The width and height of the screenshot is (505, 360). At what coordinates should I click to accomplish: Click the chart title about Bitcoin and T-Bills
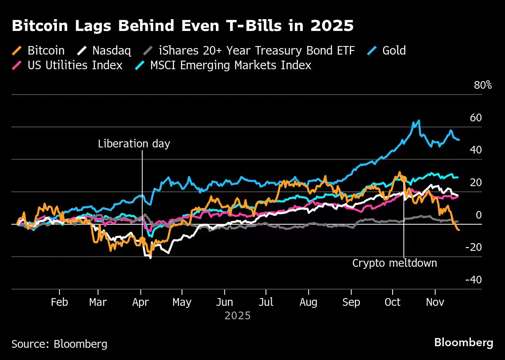[x=182, y=26]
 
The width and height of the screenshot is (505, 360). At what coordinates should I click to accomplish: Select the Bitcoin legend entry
[x=46, y=50]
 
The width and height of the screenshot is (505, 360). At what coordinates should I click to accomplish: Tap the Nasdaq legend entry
[x=111, y=50]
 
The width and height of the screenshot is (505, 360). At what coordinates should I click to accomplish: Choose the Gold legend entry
[x=393, y=50]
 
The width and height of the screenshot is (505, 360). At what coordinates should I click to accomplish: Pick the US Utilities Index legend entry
[x=75, y=65]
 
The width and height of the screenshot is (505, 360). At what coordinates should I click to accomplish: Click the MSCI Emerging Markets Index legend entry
[x=231, y=65]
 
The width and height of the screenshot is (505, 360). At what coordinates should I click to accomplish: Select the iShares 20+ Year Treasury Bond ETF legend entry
[x=257, y=50]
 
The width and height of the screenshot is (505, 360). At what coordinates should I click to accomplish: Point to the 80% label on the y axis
[x=483, y=86]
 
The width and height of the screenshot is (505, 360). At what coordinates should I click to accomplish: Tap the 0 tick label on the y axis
[x=479, y=215]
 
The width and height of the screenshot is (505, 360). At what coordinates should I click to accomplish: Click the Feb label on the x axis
[x=59, y=302]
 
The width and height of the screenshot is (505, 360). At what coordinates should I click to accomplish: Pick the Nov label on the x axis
[x=435, y=302]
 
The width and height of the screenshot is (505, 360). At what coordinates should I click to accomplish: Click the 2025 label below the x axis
[x=237, y=316]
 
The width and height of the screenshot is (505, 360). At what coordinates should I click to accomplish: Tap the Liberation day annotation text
[x=134, y=144]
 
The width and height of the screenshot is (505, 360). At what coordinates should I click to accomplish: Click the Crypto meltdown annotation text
[x=394, y=263]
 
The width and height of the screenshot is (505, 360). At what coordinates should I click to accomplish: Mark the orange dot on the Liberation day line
[x=142, y=240]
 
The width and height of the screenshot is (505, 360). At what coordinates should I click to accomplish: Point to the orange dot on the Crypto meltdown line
[x=404, y=178]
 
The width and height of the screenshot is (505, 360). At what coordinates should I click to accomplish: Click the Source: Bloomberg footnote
[x=59, y=344]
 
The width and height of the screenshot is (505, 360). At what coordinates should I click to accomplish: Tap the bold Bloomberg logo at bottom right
[x=463, y=342]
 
